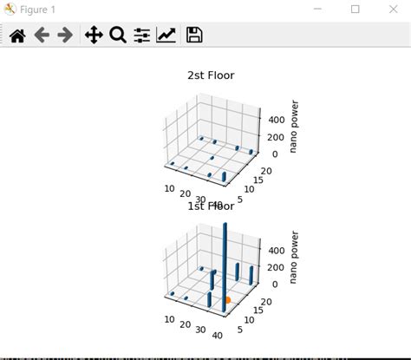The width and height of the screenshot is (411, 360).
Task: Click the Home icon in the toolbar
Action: (17, 36)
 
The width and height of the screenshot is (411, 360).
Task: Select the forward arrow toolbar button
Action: (64, 36)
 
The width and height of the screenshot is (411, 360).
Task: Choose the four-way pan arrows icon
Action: (93, 36)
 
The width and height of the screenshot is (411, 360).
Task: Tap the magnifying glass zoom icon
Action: (118, 36)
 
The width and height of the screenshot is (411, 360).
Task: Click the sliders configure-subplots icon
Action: (142, 36)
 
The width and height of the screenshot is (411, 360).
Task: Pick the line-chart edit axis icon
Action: (166, 36)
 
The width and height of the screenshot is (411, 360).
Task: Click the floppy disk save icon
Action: (194, 36)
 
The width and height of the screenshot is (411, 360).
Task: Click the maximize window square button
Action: (356, 10)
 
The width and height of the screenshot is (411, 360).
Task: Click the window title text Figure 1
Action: (39, 10)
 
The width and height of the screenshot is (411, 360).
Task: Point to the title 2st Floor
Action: (211, 75)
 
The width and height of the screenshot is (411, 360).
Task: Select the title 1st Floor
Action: (211, 206)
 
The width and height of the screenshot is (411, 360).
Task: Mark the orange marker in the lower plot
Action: (228, 299)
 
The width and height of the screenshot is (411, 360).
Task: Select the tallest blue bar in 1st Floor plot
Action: (225, 260)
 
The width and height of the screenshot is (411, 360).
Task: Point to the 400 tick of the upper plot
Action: (274, 120)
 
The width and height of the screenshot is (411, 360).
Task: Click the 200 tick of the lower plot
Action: (274, 267)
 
